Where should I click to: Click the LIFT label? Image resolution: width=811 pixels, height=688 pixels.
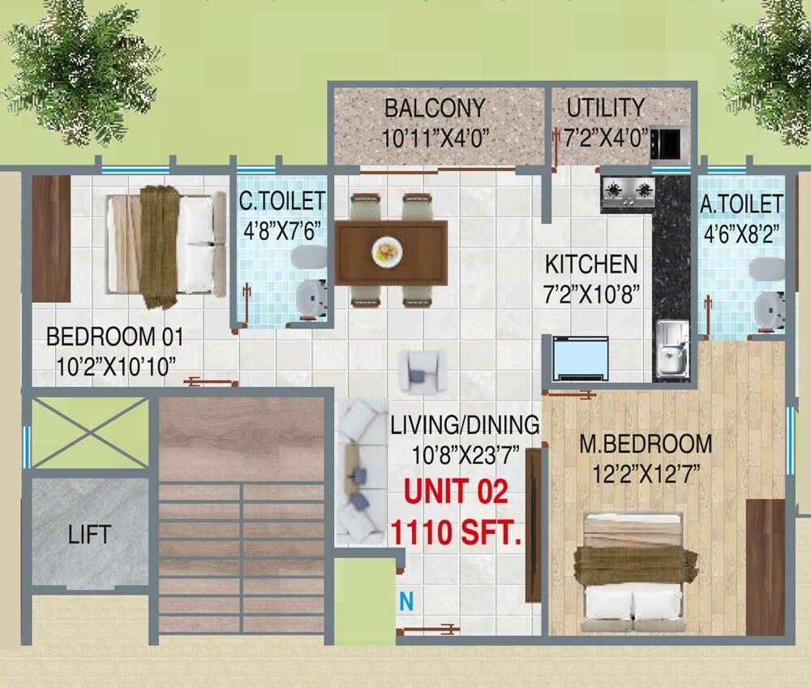tap(89, 535)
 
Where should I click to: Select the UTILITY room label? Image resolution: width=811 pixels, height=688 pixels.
tap(605, 108)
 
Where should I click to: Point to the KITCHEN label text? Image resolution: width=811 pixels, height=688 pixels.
tap(590, 264)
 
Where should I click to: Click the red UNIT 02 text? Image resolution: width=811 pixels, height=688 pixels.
tap(456, 492)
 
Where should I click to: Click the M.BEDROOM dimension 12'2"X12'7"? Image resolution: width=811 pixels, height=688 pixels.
tap(646, 474)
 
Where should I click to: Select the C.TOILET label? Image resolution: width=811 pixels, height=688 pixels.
tap(281, 200)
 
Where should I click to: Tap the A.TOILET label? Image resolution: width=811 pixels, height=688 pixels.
tap(741, 203)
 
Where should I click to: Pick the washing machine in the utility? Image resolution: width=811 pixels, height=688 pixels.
tap(670, 144)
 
